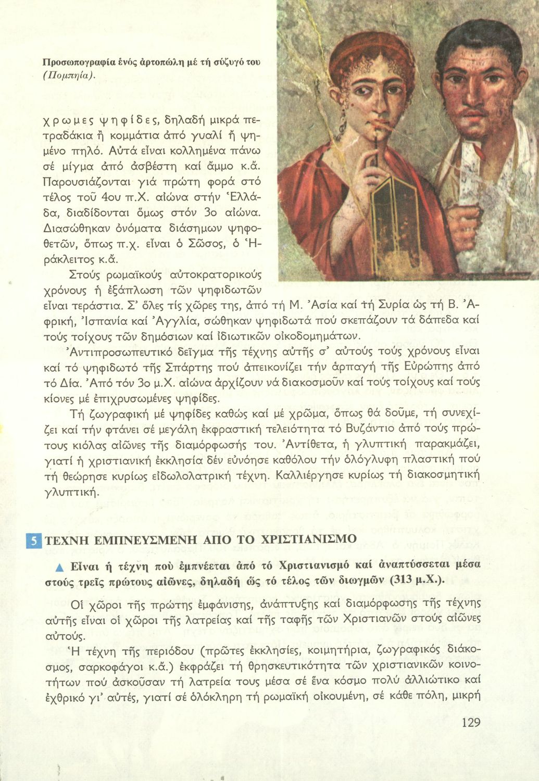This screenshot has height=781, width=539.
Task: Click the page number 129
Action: tap(470, 722)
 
